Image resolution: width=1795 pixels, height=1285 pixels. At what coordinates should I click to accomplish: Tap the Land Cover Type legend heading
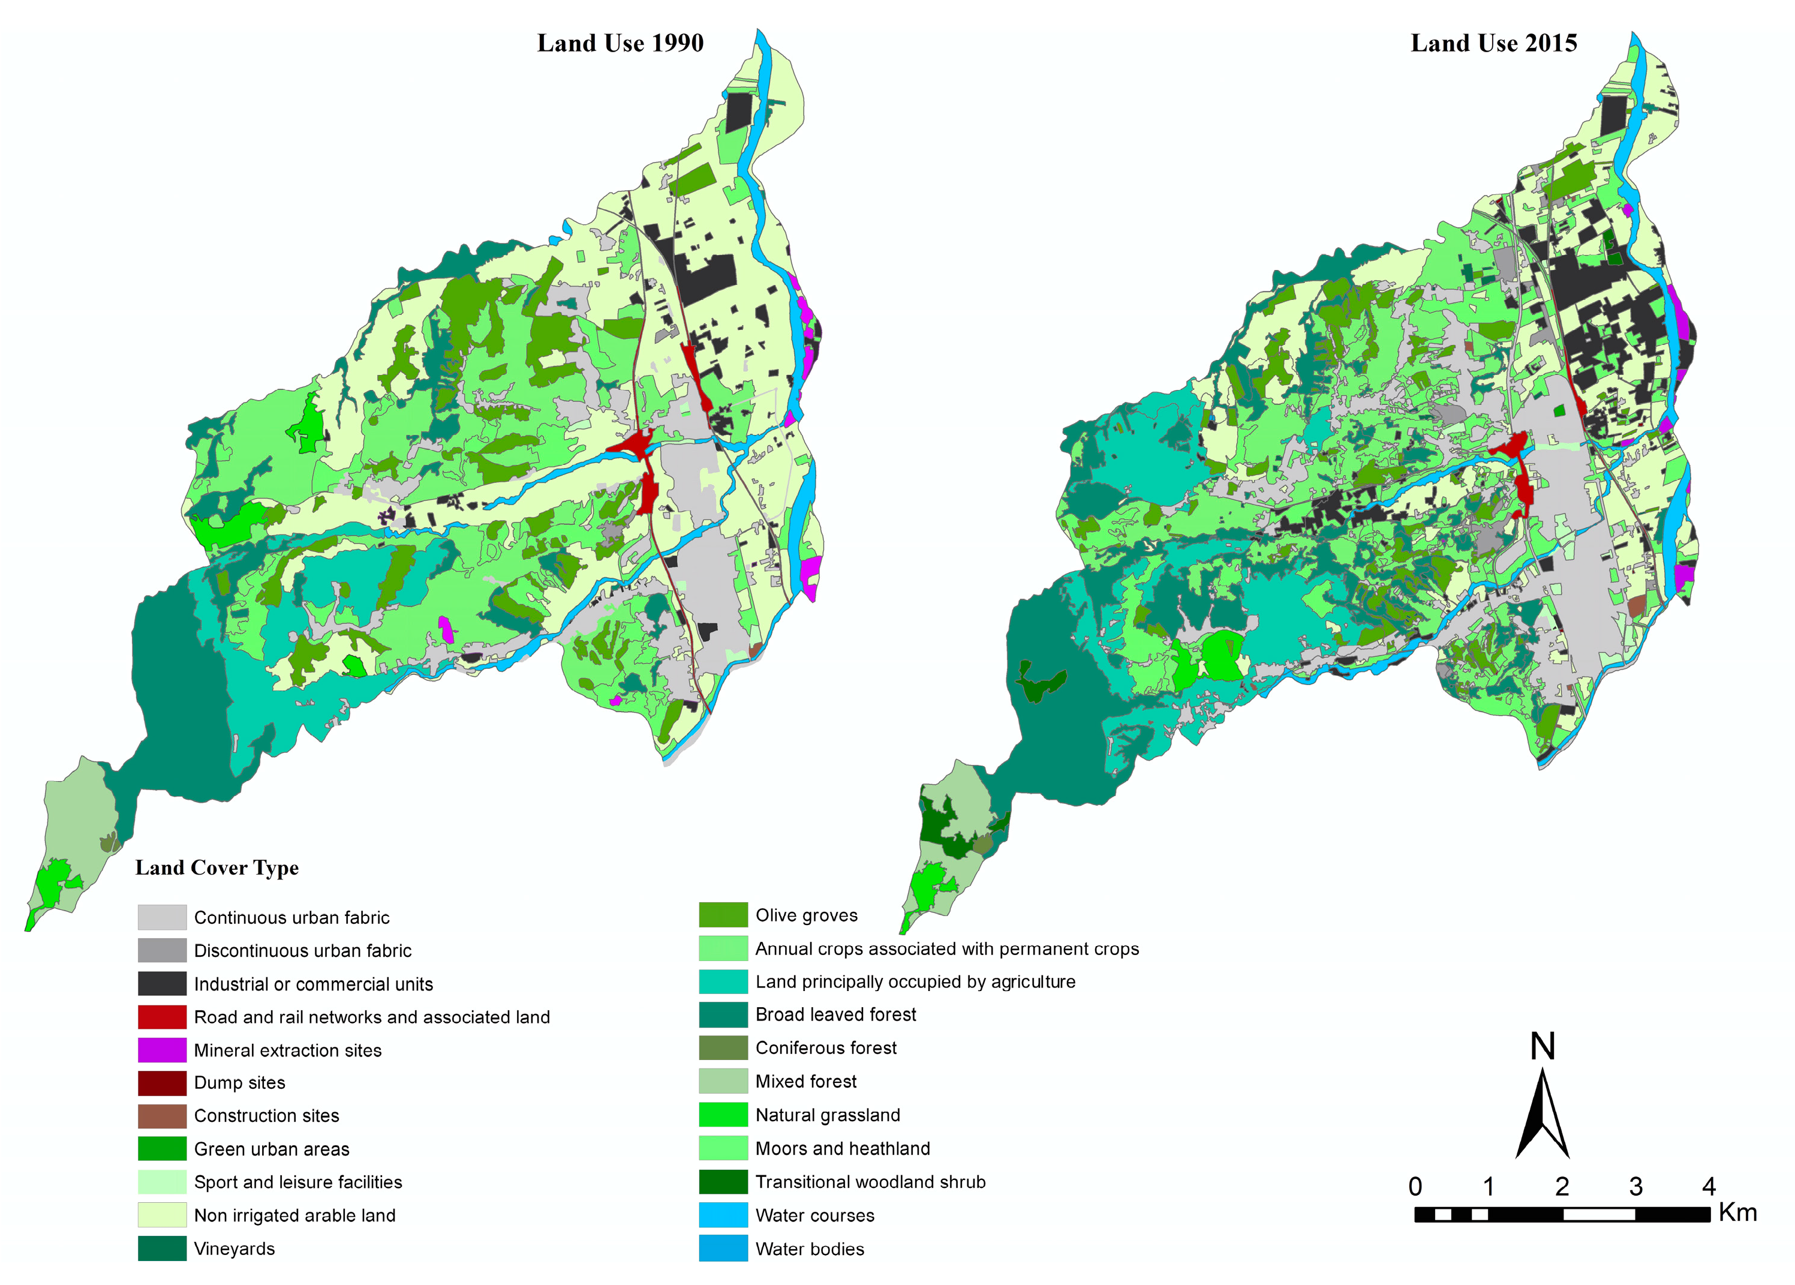tap(217, 867)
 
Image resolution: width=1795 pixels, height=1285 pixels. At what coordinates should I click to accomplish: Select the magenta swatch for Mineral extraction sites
tap(161, 1050)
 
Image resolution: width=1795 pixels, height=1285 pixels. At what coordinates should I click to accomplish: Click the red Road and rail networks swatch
tap(161, 1017)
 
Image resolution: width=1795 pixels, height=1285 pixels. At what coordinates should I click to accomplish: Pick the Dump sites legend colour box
tap(161, 1082)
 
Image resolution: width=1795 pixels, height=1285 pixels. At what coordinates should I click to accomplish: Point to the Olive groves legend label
tap(806, 915)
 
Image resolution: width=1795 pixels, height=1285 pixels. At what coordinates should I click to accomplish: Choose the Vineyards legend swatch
tap(161, 1248)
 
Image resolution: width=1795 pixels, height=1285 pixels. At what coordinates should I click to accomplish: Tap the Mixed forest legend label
tap(805, 1082)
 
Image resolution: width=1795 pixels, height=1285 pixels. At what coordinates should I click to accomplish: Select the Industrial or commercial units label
tap(313, 984)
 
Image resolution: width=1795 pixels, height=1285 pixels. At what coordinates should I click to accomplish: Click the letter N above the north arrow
tap(1542, 1046)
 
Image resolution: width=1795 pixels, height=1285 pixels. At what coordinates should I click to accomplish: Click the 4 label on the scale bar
tap(1708, 1187)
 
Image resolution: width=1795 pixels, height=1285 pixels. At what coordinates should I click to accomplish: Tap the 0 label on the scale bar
tap(1415, 1187)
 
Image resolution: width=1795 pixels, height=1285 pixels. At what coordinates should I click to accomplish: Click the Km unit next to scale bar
tap(1737, 1213)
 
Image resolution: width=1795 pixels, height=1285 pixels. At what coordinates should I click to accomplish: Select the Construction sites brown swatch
tap(161, 1116)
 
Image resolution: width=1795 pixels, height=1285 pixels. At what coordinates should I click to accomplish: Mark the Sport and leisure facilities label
tap(297, 1182)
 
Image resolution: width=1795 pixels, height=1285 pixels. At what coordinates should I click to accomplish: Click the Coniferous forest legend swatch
tap(723, 1047)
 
